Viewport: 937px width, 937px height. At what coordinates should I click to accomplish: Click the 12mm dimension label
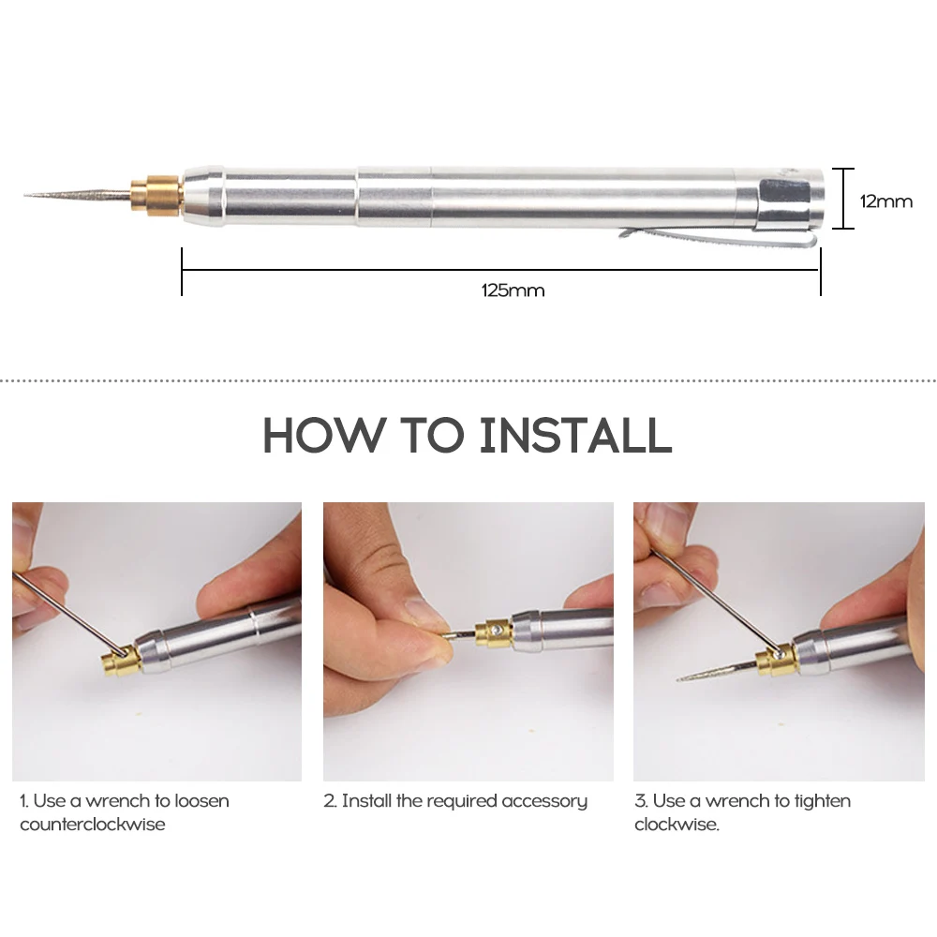click(886, 201)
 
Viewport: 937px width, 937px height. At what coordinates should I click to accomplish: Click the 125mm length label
click(513, 290)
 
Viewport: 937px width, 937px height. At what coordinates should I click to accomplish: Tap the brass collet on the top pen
click(156, 196)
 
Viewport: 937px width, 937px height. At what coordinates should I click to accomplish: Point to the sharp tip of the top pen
click(25, 195)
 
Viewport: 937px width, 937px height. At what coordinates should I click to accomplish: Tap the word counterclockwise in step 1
click(93, 825)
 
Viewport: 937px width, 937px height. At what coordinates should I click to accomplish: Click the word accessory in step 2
click(544, 802)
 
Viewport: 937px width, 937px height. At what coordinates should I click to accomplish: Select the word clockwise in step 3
click(677, 825)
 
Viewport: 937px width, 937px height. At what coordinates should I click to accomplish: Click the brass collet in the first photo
click(121, 661)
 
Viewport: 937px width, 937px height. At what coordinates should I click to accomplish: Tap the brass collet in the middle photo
click(494, 633)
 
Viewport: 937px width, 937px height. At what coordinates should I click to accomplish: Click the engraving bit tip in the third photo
click(678, 679)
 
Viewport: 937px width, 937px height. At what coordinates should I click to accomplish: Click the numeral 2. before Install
click(331, 801)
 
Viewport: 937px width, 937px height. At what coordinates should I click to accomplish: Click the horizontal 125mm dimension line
click(500, 270)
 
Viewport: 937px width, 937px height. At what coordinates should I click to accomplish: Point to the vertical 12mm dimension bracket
click(844, 199)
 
